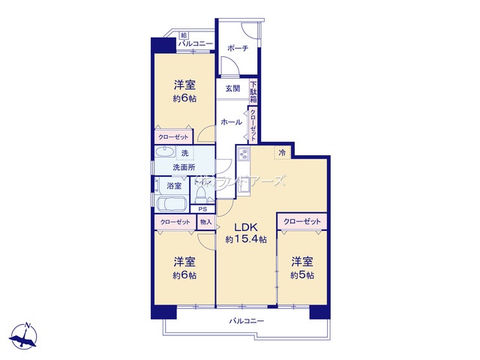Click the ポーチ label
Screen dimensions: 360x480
pos(239,49)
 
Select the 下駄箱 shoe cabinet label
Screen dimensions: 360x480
pos(254,91)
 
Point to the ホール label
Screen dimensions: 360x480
pos(232,121)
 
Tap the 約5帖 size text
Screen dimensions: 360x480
pos(302,275)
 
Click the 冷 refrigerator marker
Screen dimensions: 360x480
pos(283,153)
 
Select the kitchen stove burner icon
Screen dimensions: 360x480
pos(243,155)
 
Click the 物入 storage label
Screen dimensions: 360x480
pos(206,222)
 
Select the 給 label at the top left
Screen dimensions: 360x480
pos(184,35)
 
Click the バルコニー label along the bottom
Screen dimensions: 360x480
pos(246,321)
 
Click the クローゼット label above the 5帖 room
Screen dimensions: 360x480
pos(303,222)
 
